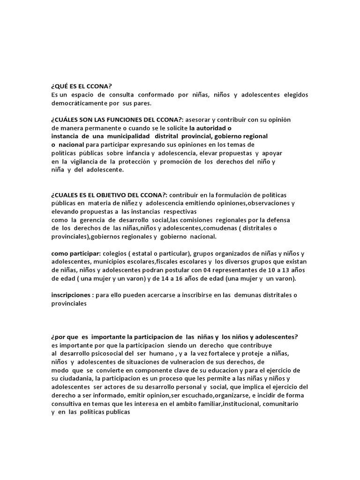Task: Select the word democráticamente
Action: point(76,103)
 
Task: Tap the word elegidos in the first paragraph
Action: point(296,95)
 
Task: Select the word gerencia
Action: point(94,220)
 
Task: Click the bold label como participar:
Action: point(75,254)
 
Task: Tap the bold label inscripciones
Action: point(71,295)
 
